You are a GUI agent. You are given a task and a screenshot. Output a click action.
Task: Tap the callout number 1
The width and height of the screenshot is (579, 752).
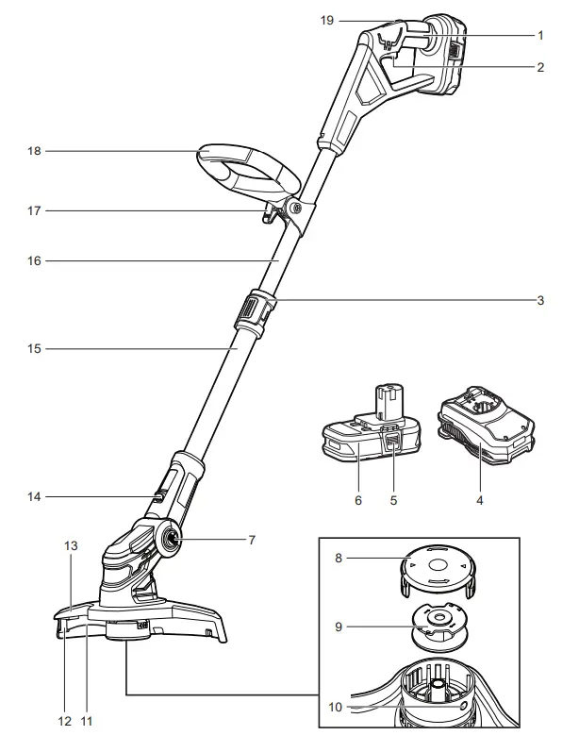pos(540,35)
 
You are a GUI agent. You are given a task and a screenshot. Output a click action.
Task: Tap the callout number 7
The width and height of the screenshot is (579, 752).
pos(252,540)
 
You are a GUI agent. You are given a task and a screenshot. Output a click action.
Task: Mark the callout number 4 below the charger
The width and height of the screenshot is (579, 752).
pos(479,500)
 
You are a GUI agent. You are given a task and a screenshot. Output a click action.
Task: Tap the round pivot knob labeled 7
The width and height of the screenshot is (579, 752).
pos(174,540)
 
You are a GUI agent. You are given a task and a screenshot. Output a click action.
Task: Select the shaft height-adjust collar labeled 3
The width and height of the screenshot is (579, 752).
pos(254,311)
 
